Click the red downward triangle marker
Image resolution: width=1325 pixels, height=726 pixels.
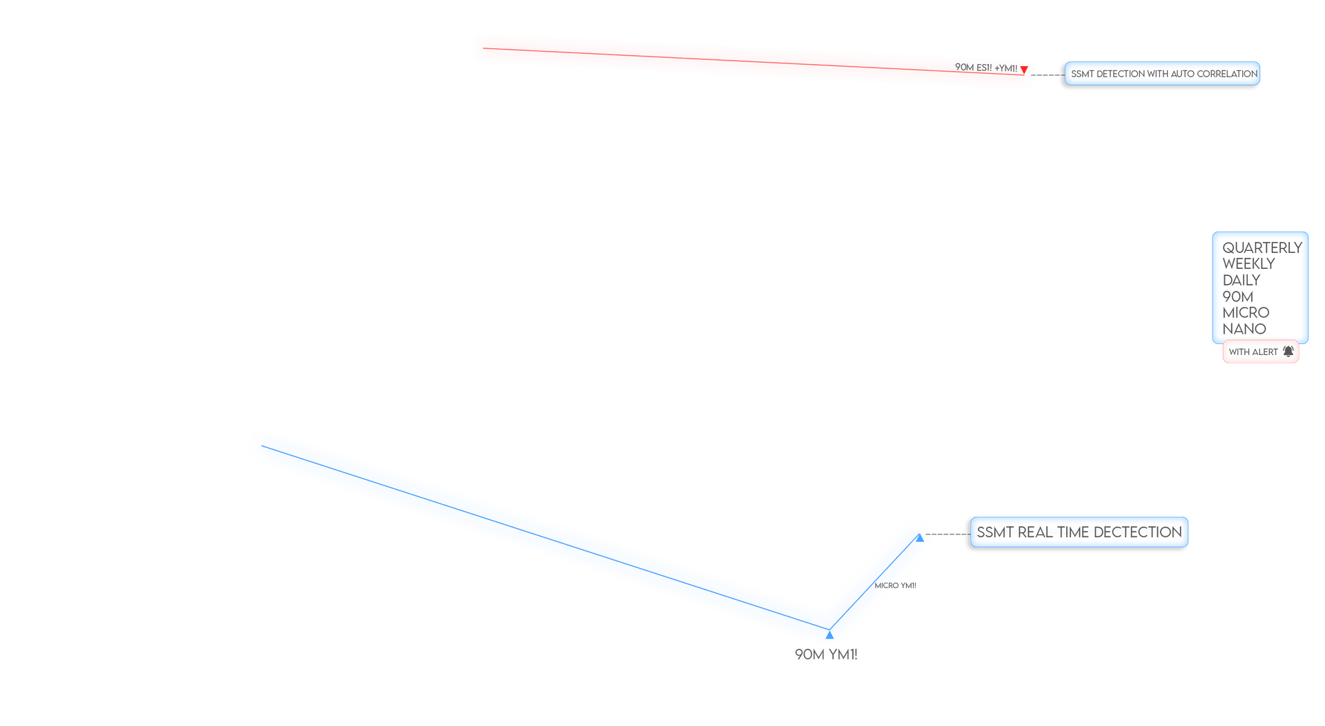coord(1024,70)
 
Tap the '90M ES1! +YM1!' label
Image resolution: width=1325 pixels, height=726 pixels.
coord(986,68)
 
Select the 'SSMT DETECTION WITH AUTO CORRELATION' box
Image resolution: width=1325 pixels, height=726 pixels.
coord(1162,74)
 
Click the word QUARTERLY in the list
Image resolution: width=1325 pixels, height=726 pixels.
coord(1262,248)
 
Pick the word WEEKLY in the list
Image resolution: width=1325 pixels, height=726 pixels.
coord(1248,264)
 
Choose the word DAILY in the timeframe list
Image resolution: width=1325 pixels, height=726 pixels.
coord(1241,280)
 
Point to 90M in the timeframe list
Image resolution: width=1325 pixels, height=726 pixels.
coord(1238,296)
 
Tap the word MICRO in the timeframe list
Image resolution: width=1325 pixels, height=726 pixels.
coord(1246,312)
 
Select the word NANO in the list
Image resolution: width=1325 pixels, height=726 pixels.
coord(1244,329)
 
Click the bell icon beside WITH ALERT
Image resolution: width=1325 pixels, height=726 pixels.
coord(1288,352)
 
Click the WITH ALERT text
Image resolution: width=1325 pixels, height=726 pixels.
coord(1253,352)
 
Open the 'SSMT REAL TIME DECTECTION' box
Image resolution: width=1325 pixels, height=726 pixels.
coord(1079,532)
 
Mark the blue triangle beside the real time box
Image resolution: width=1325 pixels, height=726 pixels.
coord(920,538)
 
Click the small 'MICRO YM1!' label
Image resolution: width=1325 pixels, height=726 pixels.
coord(896,585)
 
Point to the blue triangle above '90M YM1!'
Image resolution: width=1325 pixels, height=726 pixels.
coord(830,635)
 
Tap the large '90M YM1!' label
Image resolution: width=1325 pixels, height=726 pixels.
coord(826,654)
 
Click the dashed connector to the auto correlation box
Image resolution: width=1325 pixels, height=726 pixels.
coord(1048,74)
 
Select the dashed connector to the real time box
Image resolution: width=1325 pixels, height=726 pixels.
coord(948,534)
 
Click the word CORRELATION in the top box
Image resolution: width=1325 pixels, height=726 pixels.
coord(1223,74)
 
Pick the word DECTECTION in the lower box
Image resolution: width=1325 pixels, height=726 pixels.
coord(1138,532)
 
